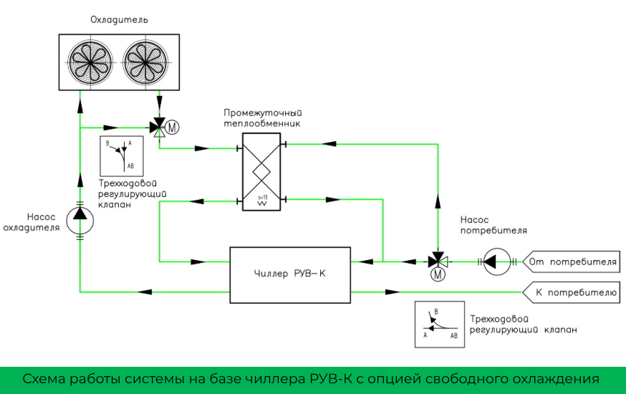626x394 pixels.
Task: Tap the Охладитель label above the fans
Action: (x=118, y=19)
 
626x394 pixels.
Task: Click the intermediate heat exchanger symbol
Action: (x=261, y=172)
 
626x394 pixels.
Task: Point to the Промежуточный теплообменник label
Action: (x=261, y=118)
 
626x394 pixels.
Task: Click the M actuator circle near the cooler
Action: (x=172, y=128)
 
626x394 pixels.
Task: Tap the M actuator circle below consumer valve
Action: (x=437, y=274)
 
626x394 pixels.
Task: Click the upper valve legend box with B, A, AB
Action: (x=122, y=155)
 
